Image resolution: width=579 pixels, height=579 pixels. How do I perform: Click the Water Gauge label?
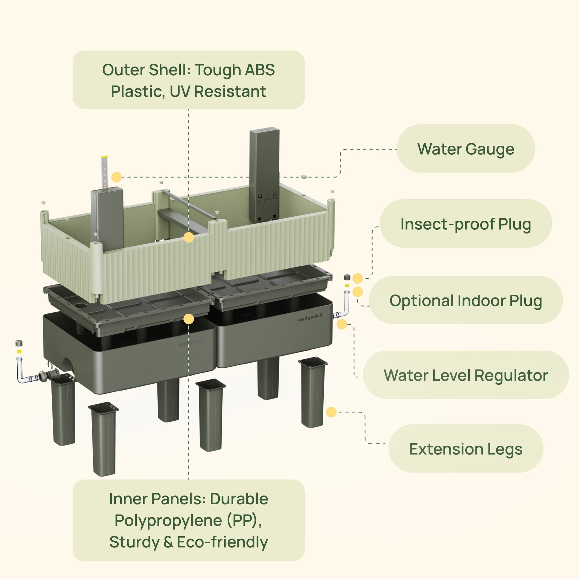(x=465, y=149)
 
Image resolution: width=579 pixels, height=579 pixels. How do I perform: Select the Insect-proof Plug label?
(x=465, y=224)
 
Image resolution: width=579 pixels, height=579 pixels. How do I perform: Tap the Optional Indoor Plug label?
(x=465, y=300)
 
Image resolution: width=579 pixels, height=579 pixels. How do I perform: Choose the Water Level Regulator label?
(x=465, y=375)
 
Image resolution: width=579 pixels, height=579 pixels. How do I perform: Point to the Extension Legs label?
(x=465, y=449)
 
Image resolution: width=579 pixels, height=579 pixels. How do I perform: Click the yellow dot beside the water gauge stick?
(x=116, y=177)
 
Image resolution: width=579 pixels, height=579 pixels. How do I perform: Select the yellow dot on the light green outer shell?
(x=188, y=238)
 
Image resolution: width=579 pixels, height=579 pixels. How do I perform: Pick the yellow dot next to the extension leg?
(x=331, y=412)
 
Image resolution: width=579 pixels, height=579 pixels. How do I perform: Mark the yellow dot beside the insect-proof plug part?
(x=357, y=278)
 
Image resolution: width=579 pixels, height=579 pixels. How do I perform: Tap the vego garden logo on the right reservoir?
(x=309, y=317)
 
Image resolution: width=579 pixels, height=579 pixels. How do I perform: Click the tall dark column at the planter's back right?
(x=264, y=174)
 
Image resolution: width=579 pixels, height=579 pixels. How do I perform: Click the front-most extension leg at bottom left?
(x=104, y=439)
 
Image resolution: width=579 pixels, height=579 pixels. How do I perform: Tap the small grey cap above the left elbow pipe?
(x=19, y=343)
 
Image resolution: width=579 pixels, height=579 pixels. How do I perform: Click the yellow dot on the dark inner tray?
(x=188, y=319)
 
